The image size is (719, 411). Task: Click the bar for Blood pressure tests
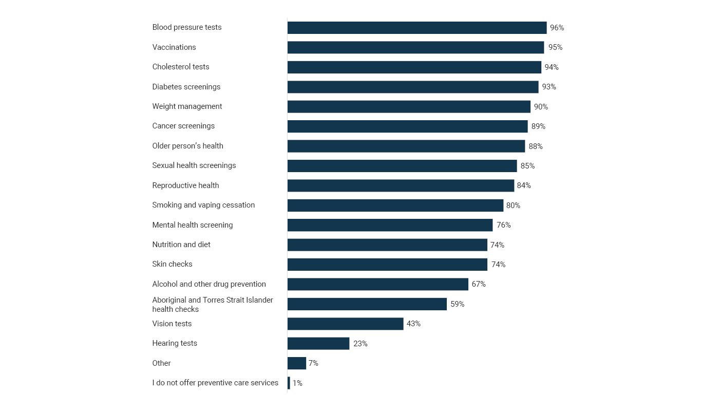[x=417, y=28]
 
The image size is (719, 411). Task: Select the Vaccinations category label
[x=174, y=47]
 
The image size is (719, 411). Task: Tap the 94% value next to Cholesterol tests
[x=552, y=67]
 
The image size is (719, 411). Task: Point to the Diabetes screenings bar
[x=413, y=87]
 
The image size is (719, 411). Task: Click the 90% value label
[x=541, y=107]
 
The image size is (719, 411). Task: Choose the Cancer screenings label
[x=183, y=126]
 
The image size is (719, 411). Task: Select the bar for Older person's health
[x=406, y=146]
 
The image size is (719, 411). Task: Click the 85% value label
[x=527, y=166]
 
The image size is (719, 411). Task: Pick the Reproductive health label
[x=185, y=185]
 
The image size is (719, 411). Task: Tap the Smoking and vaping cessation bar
[x=395, y=206]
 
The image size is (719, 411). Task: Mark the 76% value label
[x=503, y=225]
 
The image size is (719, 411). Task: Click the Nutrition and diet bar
[x=387, y=245]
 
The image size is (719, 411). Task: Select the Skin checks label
[x=172, y=264]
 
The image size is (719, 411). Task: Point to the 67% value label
[x=479, y=284]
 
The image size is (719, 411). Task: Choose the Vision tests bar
[x=345, y=324]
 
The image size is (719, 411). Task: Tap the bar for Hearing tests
[x=318, y=344]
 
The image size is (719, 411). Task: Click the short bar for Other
[x=297, y=363]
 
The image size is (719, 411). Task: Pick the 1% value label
[x=297, y=383]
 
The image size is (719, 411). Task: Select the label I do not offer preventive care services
[x=215, y=383]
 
